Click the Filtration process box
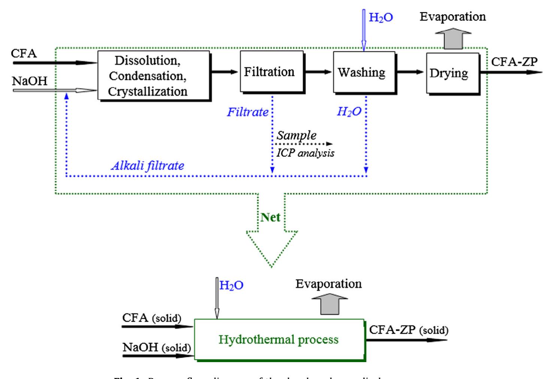[269, 72]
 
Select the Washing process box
[362, 72]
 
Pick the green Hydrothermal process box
[279, 340]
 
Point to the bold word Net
[271, 217]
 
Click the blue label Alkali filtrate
[147, 165]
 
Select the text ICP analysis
[305, 153]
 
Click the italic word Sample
[296, 135]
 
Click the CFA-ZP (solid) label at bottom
[408, 330]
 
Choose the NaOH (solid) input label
[157, 348]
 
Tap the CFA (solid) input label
[152, 318]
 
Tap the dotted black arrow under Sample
[304, 144]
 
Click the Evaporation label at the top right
[453, 16]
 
